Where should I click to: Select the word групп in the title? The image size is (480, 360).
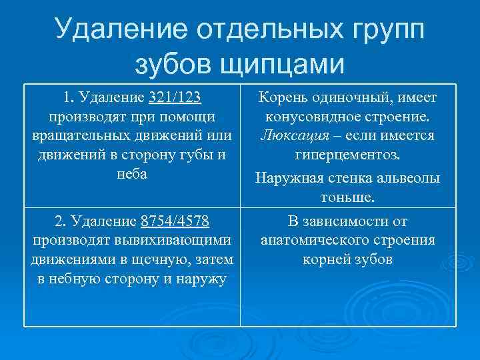pyautogui.click(x=383, y=30)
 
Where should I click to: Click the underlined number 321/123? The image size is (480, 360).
pyautogui.click(x=176, y=99)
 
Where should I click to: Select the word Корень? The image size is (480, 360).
pyautogui.click(x=281, y=99)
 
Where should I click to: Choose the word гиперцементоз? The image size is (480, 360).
pyautogui.click(x=347, y=155)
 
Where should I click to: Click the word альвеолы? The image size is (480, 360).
pyautogui.click(x=409, y=178)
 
